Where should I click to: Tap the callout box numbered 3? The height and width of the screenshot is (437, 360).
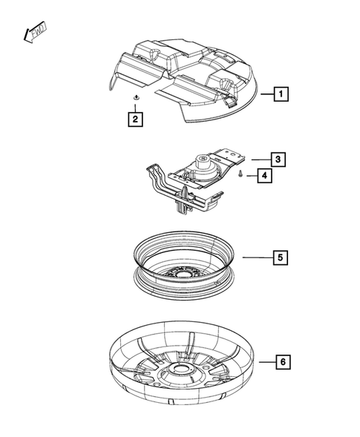(x=277, y=159)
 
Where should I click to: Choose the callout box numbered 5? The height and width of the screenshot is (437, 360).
(x=279, y=257)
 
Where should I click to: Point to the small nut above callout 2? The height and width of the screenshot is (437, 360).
(x=135, y=98)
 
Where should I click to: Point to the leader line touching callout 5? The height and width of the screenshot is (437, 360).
(x=256, y=257)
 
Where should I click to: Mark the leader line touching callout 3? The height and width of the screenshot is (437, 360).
(x=259, y=159)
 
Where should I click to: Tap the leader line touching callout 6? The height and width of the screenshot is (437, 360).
(x=266, y=361)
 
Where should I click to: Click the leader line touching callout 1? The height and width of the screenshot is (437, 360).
(x=265, y=94)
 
